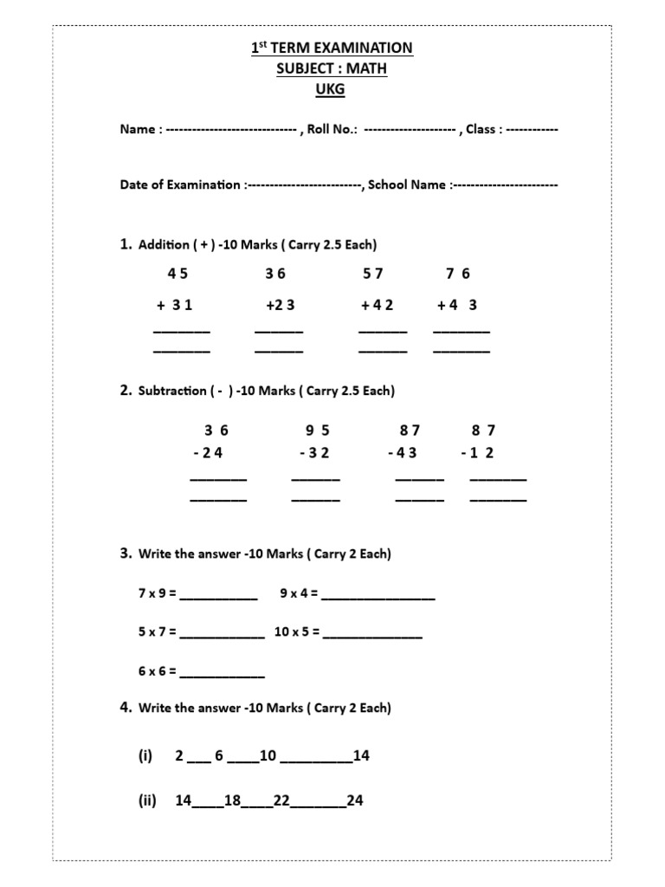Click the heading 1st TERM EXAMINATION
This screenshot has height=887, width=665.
pos(332,49)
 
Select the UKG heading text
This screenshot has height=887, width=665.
pos(332,89)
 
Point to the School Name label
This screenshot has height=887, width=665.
pos(407,185)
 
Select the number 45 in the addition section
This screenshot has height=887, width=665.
pos(178,274)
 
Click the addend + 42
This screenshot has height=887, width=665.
pos(378,305)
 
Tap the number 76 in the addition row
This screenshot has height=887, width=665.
pos(458,274)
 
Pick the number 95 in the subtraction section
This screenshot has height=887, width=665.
pos(318,430)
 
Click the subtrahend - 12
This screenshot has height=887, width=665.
pos(477,452)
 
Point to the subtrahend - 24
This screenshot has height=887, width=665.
pos(209,452)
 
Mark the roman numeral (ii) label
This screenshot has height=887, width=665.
pos(146,800)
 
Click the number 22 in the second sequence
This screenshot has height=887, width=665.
pos(281,800)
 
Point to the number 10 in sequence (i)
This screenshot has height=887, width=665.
pos(268,755)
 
